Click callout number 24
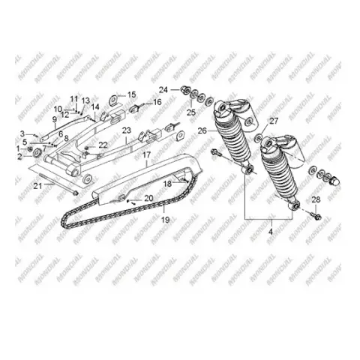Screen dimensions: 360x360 click(163, 90)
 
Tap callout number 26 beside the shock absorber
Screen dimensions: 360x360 click(202, 130)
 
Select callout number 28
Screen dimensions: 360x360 click(316, 199)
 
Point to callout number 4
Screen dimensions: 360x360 click(271, 232)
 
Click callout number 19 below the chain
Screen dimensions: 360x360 click(166, 220)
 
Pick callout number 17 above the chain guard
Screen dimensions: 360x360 click(146, 155)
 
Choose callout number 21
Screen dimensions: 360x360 click(38, 186)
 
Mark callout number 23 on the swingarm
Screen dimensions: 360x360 click(127, 130)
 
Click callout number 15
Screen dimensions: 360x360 click(132, 94)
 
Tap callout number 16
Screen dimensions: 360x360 click(157, 102)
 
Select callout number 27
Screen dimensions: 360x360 click(274, 121)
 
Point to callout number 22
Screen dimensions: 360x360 click(103, 145)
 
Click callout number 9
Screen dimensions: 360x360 click(55, 120)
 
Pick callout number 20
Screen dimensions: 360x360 click(148, 198)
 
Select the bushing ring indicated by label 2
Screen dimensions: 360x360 click(37, 152)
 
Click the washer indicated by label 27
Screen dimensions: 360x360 click(259, 138)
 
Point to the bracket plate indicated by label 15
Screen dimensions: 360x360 click(114, 100)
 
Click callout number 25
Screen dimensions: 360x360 click(191, 112)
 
